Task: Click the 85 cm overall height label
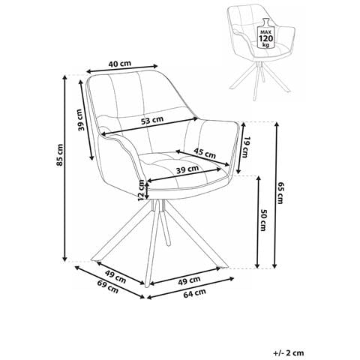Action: coord(60,154)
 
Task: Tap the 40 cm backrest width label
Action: coord(119,64)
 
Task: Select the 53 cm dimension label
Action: coord(152,120)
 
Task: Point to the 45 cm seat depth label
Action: coord(205,153)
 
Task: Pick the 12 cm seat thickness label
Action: coord(142,190)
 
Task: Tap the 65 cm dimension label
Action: coord(280,193)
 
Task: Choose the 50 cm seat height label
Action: coord(263,220)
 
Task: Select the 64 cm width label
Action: coord(195,293)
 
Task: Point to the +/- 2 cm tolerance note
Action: coord(289,352)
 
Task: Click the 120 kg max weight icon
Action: coord(266,33)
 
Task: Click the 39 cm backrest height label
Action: coord(80,120)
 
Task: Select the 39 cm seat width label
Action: coord(187,169)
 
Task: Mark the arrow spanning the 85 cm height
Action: coord(64,168)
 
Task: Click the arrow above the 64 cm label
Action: coord(191,281)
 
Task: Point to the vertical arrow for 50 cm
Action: coord(258,222)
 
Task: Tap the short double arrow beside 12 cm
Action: coord(148,190)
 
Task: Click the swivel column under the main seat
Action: coord(160,205)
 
